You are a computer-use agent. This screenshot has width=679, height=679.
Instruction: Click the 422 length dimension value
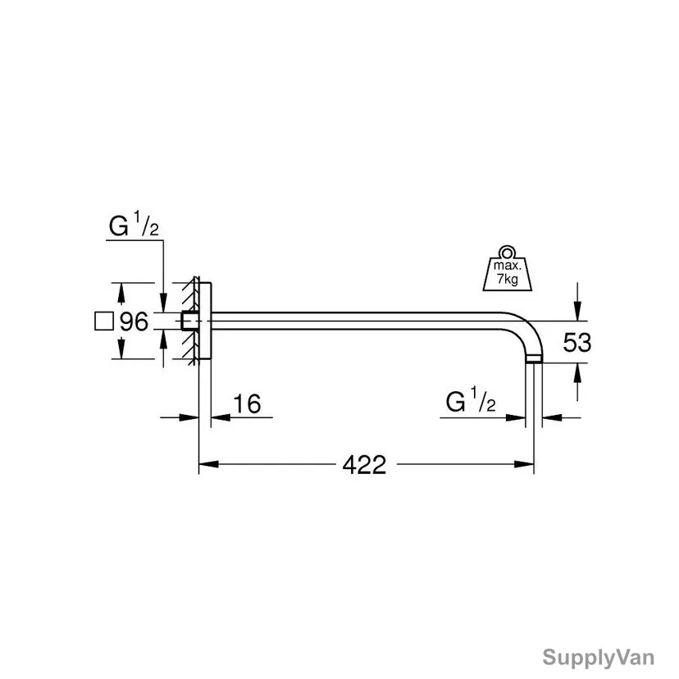tap(364, 465)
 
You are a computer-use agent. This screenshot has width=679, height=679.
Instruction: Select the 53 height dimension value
tap(576, 343)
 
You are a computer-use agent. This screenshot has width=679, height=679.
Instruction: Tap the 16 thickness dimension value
tap(247, 403)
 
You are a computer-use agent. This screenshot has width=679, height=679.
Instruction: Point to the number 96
tap(134, 321)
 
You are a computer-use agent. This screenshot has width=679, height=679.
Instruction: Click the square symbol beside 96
tap(104, 321)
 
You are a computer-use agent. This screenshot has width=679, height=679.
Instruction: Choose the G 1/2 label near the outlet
tap(471, 400)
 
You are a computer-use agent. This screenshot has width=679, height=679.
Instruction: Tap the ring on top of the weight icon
tap(507, 252)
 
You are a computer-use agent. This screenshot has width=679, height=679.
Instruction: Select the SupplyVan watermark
tap(598, 658)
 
